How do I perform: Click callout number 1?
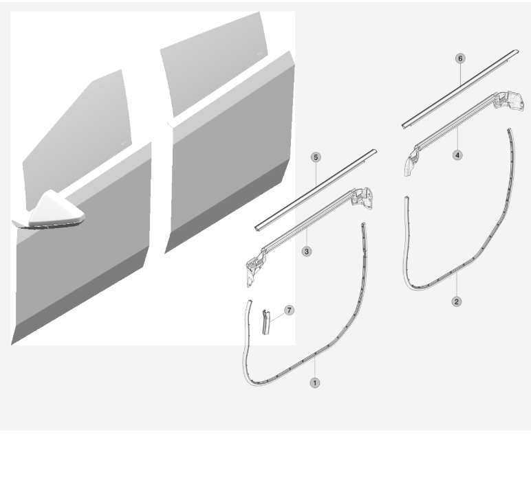(314, 383)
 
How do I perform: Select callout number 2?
(457, 302)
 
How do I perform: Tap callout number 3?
(307, 251)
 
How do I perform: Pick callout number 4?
(457, 155)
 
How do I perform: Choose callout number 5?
(316, 157)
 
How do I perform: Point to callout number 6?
(460, 58)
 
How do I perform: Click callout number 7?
(289, 310)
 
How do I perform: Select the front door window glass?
(78, 135)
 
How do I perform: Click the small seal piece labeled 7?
(266, 322)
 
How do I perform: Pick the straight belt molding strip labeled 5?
(316, 190)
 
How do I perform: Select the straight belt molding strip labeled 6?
(460, 89)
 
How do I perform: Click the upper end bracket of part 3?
(362, 198)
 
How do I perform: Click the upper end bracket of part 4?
(510, 100)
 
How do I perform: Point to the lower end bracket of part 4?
(411, 161)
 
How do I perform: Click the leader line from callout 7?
(277, 317)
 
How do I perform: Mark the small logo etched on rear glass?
(260, 53)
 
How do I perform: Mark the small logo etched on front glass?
(124, 143)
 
